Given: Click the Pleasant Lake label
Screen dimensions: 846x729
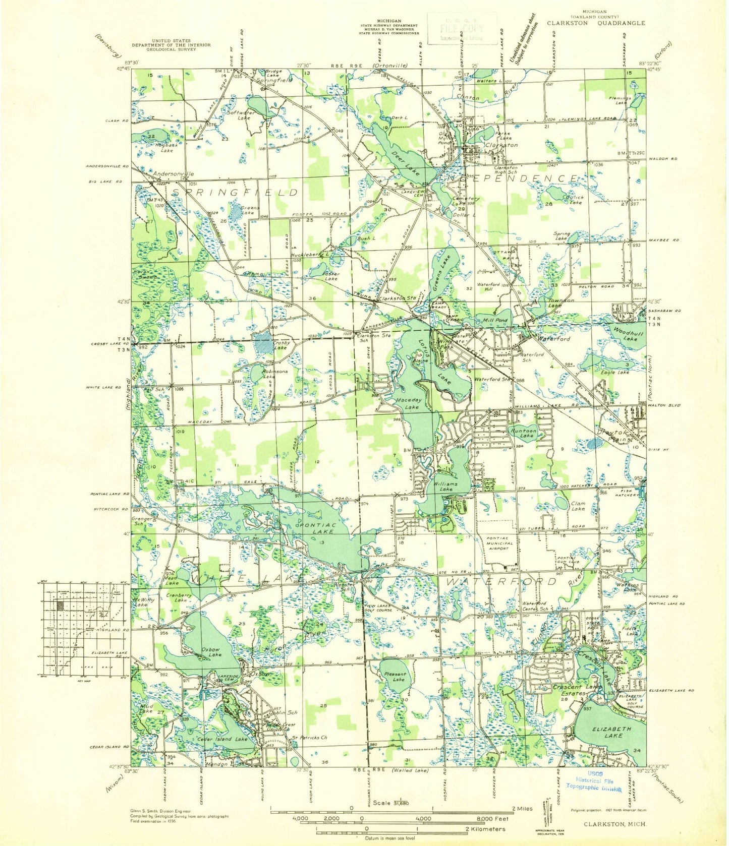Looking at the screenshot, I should click(395, 677).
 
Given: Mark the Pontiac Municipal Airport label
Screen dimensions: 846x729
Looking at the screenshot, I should click(499, 543).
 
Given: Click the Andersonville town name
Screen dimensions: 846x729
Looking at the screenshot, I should click(173, 174).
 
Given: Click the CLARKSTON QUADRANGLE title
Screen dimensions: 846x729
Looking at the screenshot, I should click(595, 23).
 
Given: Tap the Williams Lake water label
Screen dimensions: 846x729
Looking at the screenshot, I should click(445, 487).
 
